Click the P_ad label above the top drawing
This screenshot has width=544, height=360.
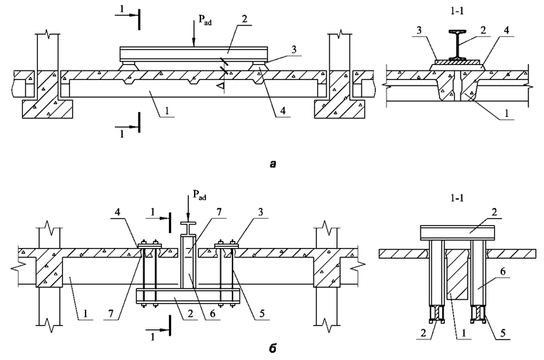205,20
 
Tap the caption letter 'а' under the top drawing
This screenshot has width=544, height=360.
272,164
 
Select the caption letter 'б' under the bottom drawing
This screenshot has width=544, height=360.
272,347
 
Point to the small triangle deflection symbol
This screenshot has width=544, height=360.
220,86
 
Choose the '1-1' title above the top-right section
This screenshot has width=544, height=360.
457,11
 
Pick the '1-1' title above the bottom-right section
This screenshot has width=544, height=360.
457,198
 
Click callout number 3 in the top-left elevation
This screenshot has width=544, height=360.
294,50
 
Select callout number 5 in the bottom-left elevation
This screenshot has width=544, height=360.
262,313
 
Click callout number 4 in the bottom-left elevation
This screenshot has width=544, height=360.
118,212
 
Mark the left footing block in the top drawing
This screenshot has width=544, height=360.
48,109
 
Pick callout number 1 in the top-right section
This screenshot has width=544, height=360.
506,113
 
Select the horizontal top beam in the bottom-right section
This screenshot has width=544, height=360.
457,232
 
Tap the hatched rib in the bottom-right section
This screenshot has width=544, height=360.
457,274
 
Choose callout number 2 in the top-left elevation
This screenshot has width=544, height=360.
245,19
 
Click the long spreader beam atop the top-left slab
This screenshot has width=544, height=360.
194,53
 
